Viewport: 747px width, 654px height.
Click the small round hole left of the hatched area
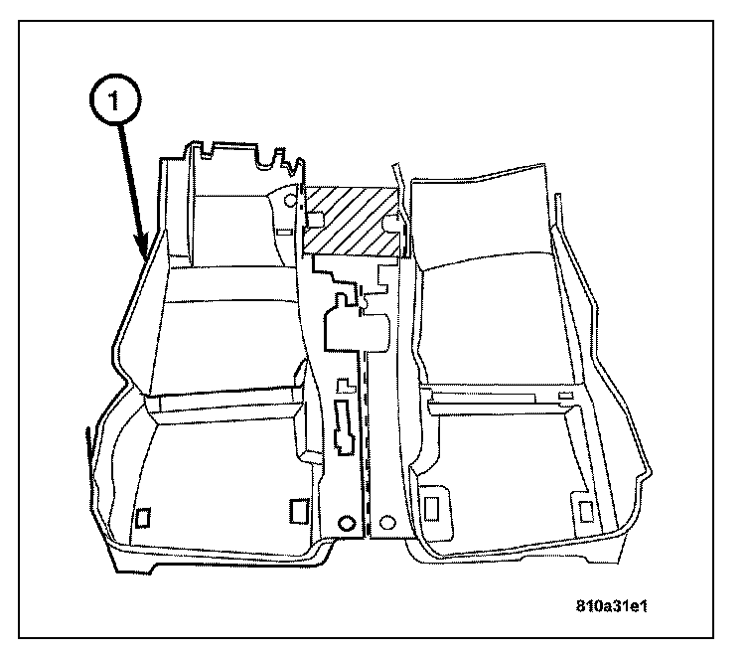tap(291, 202)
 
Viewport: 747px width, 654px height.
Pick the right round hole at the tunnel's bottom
tap(388, 521)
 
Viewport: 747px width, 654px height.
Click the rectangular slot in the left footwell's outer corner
tap(143, 515)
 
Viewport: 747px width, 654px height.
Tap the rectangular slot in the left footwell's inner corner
tap(296, 510)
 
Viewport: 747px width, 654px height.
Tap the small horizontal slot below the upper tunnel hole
tap(285, 231)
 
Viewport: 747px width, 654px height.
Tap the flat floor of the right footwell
tap(507, 467)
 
